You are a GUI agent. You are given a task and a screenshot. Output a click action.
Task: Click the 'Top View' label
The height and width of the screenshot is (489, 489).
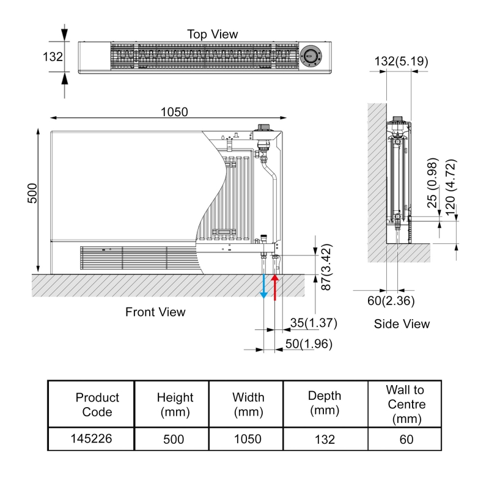coord(212,34)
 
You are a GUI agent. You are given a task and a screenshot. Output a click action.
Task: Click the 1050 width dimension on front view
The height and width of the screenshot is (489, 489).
coord(174,111)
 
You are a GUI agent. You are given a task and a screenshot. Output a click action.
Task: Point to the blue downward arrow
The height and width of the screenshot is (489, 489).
coord(263,287)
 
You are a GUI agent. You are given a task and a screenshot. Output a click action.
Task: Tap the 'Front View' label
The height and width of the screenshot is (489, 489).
coord(155,312)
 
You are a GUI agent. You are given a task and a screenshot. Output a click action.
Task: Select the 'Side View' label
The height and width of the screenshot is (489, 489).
coord(402,324)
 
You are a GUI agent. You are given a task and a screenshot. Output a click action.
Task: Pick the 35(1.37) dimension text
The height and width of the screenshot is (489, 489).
coord(314,323)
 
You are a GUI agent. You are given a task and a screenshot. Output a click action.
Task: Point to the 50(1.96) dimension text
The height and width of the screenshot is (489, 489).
coord(309,344)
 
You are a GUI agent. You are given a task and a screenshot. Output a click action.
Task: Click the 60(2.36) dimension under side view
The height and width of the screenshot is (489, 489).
coord(391,300)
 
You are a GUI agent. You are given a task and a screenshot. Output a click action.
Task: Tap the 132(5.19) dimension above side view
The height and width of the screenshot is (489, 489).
coord(401,61)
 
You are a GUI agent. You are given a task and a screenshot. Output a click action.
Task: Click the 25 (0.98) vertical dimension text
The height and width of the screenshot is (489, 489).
coord(433,183)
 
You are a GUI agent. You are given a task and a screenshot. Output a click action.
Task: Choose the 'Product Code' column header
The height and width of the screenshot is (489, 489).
coord(97,405)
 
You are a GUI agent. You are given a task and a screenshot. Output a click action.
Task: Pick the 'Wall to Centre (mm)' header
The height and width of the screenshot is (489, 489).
coord(404,405)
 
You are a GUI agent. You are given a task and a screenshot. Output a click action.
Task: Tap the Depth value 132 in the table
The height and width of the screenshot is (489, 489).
coord(325,439)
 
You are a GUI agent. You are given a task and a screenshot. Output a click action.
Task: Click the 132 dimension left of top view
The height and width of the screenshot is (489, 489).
coord(53,57)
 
